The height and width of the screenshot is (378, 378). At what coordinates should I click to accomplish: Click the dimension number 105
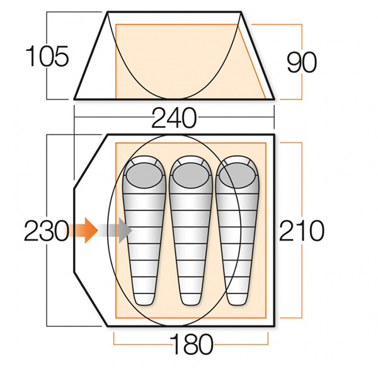(47, 57)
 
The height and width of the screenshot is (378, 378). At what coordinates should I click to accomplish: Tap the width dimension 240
(174, 118)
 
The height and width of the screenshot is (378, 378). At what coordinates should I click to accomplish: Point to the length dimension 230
(46, 232)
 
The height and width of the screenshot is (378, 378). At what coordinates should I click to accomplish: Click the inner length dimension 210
(302, 231)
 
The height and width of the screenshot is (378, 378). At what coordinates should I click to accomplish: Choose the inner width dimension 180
(191, 345)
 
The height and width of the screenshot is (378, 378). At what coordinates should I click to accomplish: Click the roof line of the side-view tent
(175, 11)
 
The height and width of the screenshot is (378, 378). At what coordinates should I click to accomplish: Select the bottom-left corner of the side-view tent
(75, 99)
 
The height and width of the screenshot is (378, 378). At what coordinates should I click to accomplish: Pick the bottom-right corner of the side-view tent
(275, 99)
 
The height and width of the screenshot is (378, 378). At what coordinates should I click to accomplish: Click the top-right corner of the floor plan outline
(274, 134)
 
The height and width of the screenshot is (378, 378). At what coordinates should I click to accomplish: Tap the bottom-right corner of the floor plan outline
(274, 327)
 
